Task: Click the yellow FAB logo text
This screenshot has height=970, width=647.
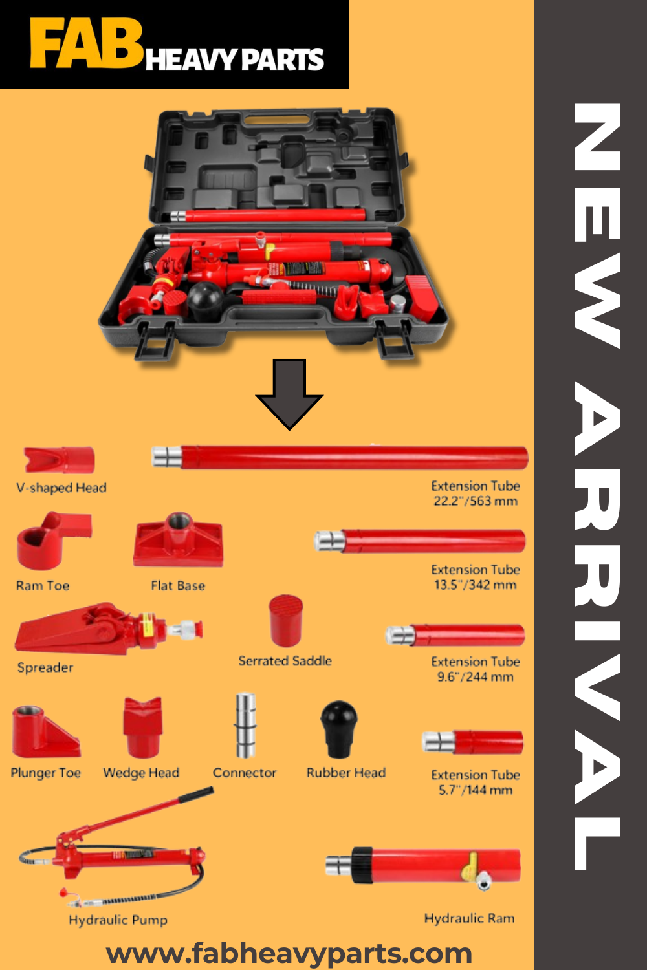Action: (x=86, y=44)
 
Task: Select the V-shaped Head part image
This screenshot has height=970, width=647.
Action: (x=59, y=459)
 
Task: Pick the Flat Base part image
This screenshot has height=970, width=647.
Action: (x=178, y=539)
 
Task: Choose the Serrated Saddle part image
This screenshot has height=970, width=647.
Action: (x=285, y=621)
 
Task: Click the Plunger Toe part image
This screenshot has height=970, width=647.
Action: (x=45, y=731)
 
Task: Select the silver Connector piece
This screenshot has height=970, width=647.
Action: (x=245, y=725)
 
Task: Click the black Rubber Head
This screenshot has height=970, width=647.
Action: (x=339, y=729)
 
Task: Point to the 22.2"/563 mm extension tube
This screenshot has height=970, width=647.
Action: (x=339, y=457)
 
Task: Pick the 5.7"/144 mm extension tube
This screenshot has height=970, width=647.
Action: (x=472, y=742)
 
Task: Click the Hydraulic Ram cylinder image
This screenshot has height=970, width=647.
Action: (x=423, y=866)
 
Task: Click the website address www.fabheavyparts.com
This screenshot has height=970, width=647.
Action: (x=289, y=953)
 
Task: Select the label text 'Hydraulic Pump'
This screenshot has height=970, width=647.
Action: (x=118, y=920)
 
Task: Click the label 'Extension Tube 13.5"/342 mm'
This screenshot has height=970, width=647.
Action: (x=476, y=577)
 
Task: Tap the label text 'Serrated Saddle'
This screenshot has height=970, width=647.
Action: (x=285, y=661)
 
